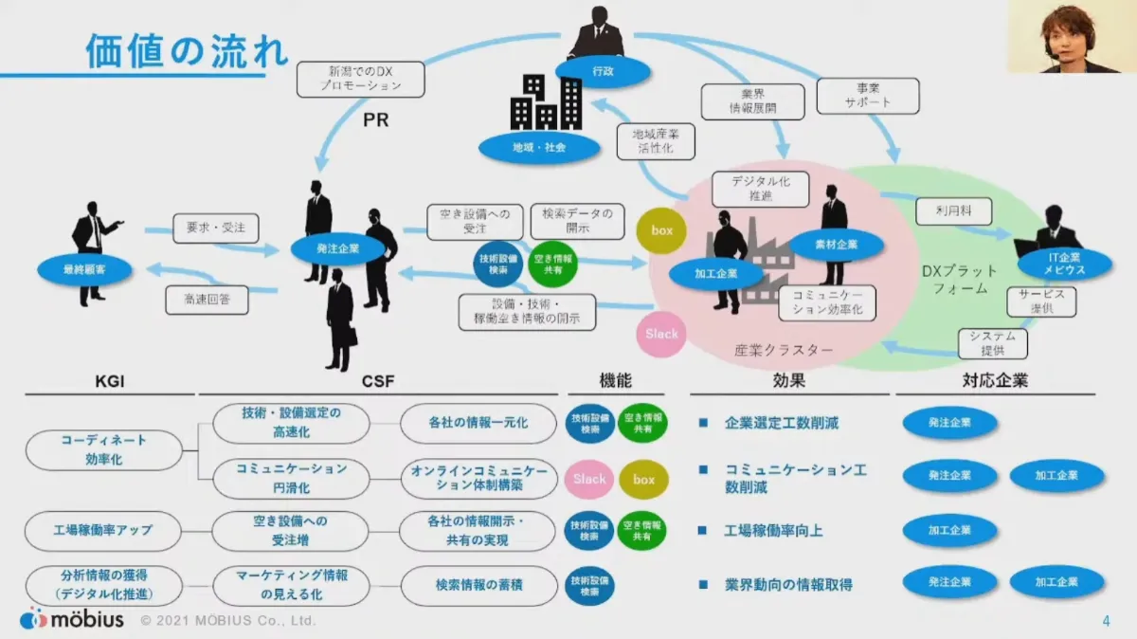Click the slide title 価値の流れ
(187, 50)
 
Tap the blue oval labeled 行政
(603, 70)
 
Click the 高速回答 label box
(207, 301)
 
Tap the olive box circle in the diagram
(661, 231)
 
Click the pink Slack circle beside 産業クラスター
(661, 334)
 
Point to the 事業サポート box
(868, 95)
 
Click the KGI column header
(111, 381)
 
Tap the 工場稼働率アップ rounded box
(102, 530)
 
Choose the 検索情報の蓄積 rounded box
(478, 585)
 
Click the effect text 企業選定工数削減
(782, 423)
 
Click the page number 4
(1106, 621)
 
